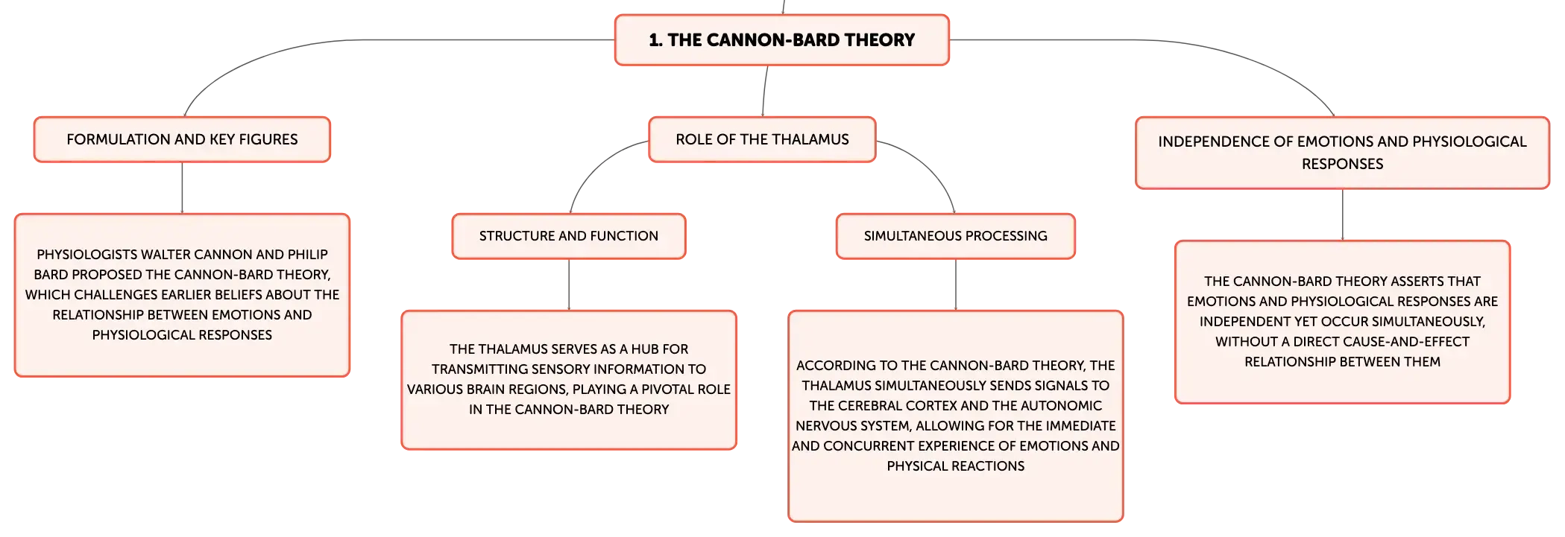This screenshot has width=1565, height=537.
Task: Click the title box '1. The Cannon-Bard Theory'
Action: pyautogui.click(x=781, y=40)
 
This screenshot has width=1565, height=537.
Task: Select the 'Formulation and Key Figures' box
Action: pyautogui.click(x=182, y=139)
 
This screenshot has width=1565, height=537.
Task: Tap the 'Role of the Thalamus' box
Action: pyautogui.click(x=762, y=139)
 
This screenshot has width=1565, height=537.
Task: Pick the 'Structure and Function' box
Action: pyautogui.click(x=569, y=236)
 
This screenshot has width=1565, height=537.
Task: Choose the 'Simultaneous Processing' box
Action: pyautogui.click(x=956, y=236)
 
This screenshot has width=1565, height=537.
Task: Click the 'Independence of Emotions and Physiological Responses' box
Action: pyautogui.click(x=1342, y=153)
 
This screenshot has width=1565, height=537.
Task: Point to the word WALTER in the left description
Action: pyautogui.click(x=165, y=255)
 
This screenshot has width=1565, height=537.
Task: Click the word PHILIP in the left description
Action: pyautogui.click(x=308, y=255)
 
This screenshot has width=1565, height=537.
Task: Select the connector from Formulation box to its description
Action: pyautogui.click(x=182, y=188)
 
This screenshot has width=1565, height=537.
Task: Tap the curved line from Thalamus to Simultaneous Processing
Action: pyautogui.click(x=929, y=165)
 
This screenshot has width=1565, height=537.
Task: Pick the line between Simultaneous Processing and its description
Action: pyautogui.click(x=956, y=285)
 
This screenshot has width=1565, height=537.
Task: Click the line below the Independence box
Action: pyautogui.click(x=1343, y=215)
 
